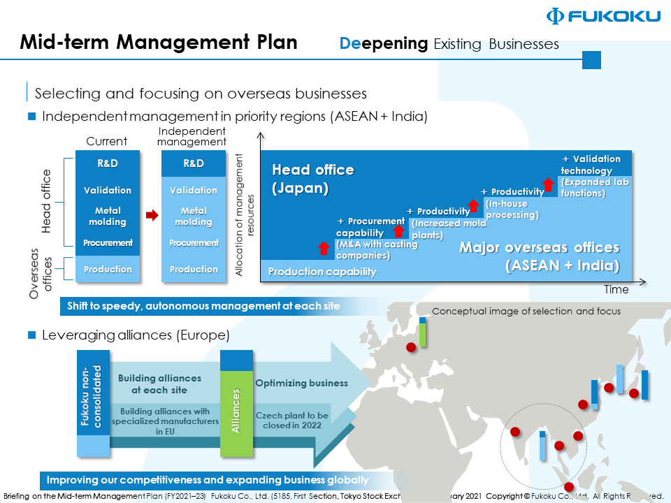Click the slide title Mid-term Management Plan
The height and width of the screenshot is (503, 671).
click(159, 43)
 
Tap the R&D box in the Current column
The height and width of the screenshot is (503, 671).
click(107, 163)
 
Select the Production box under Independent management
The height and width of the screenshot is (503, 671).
click(194, 269)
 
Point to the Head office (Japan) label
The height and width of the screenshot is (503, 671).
click(312, 179)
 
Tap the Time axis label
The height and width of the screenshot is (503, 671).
click(616, 289)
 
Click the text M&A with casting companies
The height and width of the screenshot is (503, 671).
click(376, 250)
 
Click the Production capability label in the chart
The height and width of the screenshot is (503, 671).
click(322, 272)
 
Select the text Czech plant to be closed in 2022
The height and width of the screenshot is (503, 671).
click(292, 420)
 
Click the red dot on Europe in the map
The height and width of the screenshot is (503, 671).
click(411, 346)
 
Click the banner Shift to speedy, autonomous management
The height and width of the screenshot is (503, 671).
click(203, 306)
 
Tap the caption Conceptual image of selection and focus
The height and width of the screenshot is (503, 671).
click(526, 312)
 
